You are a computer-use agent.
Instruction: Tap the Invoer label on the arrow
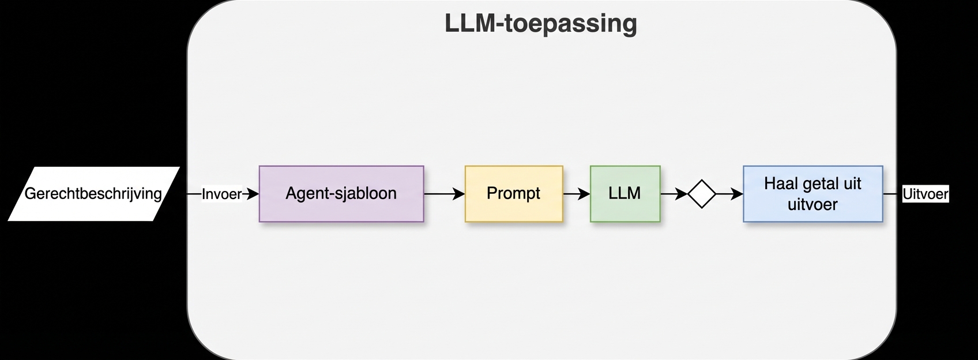[x=222, y=194]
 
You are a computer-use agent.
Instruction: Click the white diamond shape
[x=702, y=194]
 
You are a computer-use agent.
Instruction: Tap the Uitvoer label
[x=925, y=194]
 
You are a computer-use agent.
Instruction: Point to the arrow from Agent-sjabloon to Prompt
[x=444, y=194]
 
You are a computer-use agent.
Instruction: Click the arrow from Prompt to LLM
[x=576, y=194]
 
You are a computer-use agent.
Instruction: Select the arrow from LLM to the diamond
[x=674, y=194]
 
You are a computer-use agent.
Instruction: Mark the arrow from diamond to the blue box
[x=729, y=194]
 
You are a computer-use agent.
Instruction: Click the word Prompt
[x=513, y=193]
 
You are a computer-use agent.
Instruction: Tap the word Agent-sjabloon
[x=341, y=193]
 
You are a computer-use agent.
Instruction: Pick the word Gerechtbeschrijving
[x=93, y=193]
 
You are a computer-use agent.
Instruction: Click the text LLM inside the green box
[x=625, y=193]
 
